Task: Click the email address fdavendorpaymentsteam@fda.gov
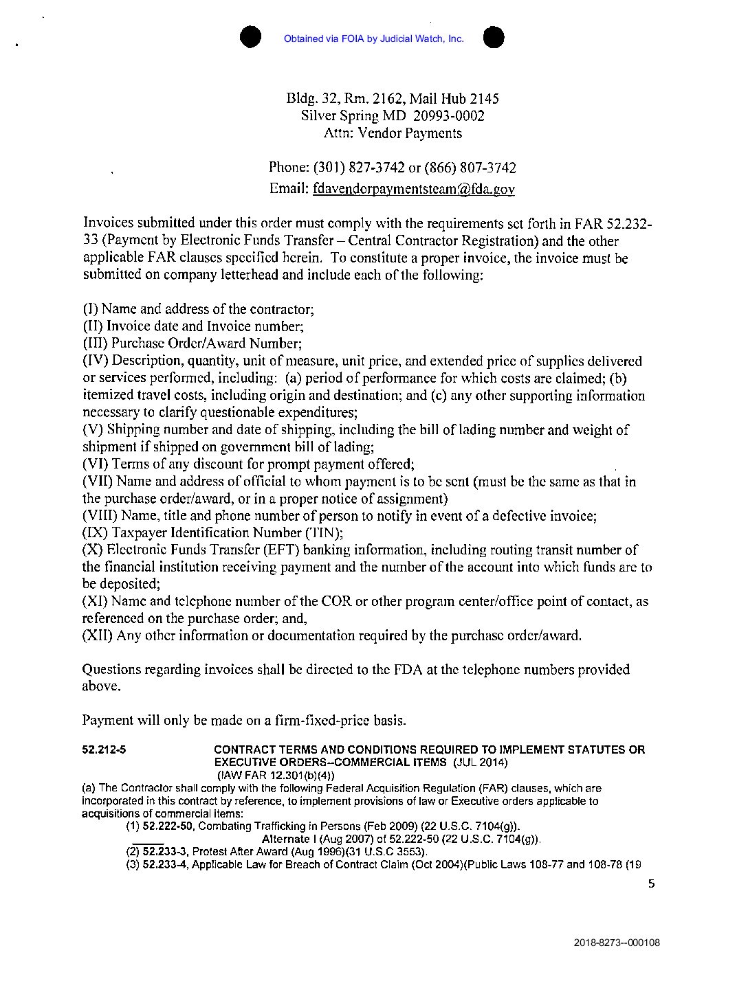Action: pyautogui.click(x=413, y=189)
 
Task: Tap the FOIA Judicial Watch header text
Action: pyautogui.click(x=373, y=38)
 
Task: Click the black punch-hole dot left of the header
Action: pyautogui.click(x=250, y=37)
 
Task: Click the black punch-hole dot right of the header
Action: pyautogui.click(x=494, y=37)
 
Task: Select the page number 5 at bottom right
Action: pyautogui.click(x=651, y=884)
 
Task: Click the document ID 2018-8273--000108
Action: pyautogui.click(x=617, y=943)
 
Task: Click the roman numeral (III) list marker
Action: pyautogui.click(x=95, y=343)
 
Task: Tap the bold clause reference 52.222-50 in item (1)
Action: pyautogui.click(x=168, y=826)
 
